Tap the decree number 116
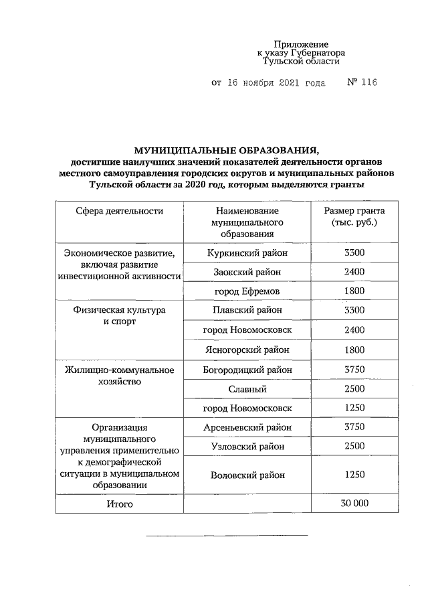point(368,83)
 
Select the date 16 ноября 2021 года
point(277,83)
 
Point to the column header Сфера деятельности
point(119,211)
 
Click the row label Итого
point(119,504)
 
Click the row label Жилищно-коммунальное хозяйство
point(119,375)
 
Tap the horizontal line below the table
point(227,535)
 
